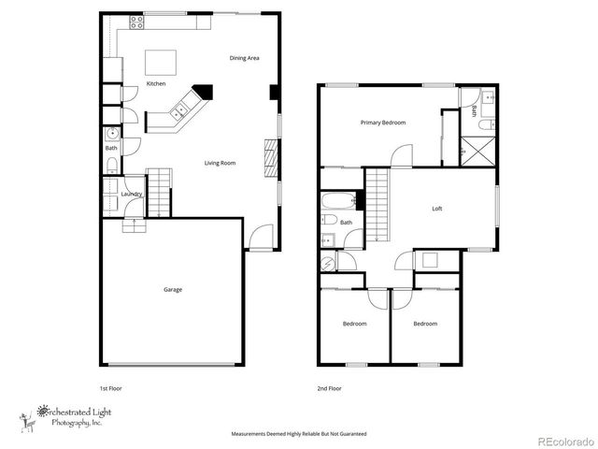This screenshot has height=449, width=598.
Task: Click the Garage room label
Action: pos(173,290)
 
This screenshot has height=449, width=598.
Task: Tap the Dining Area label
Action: pos(244,58)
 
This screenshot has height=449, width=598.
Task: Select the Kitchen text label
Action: pos(156,85)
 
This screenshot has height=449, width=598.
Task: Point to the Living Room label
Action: pos(221,163)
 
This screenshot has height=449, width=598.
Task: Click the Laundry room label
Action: pos(132,194)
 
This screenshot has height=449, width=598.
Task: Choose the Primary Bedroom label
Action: pos(383,123)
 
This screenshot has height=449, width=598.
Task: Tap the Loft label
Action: pos(436,209)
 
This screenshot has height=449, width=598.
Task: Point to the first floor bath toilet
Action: pos(111,167)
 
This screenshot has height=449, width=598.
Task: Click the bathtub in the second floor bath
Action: pos(336,200)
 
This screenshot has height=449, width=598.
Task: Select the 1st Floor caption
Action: pos(111,387)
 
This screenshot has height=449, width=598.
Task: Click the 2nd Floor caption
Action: pos(328,387)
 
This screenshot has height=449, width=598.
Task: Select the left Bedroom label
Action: pos(354,324)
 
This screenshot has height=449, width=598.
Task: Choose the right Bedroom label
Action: pos(425,324)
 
